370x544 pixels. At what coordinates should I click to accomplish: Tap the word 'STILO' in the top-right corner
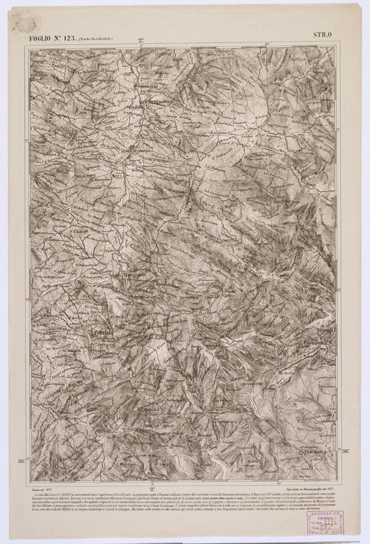[x=323, y=35]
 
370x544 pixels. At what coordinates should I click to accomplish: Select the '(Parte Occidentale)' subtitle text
[x=95, y=39]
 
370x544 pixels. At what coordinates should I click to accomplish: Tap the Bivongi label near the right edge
[x=325, y=329]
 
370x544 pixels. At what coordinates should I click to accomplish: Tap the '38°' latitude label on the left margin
[x=22, y=461]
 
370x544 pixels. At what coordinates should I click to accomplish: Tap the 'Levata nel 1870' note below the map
[x=43, y=488]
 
